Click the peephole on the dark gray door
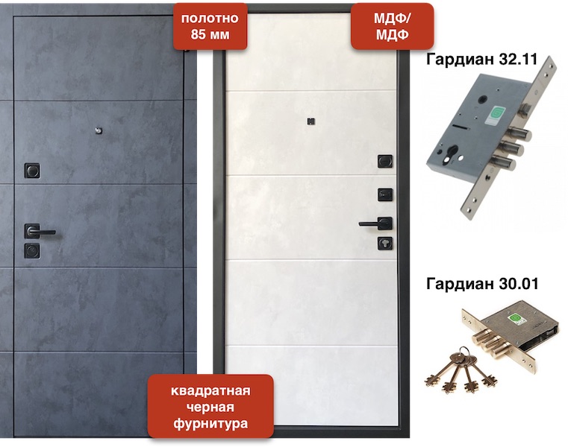(x=99, y=130)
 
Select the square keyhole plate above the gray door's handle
(x=32, y=171)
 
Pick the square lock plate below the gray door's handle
(x=32, y=250)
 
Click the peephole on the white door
(x=310, y=121)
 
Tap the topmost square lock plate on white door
(x=385, y=162)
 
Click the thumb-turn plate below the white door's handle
(x=384, y=244)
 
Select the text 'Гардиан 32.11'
(x=481, y=60)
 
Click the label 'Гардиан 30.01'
(x=482, y=284)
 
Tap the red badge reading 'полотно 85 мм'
(x=210, y=26)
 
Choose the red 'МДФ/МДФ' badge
(x=393, y=26)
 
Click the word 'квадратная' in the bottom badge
(x=210, y=390)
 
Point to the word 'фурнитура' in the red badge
(x=210, y=423)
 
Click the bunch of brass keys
(x=460, y=370)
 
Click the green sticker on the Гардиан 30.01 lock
(x=514, y=319)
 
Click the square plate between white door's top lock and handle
(x=385, y=194)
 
